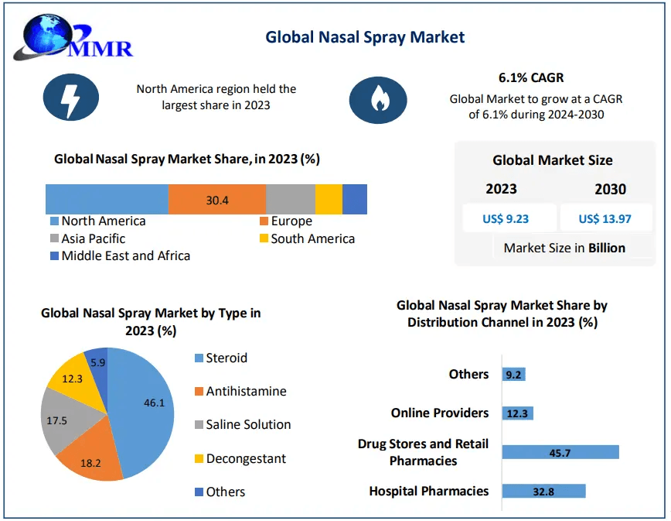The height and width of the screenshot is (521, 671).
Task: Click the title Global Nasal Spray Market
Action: click(x=365, y=36)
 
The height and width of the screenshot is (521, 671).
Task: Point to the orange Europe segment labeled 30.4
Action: click(x=217, y=200)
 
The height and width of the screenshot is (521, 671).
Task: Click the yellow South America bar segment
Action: click(x=329, y=200)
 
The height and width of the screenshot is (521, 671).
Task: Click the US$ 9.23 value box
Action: click(x=506, y=218)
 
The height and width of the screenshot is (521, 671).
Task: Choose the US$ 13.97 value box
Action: click(x=605, y=218)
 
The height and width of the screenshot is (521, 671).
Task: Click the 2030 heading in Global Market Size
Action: click(x=611, y=189)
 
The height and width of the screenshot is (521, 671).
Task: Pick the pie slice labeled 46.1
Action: click(x=144, y=403)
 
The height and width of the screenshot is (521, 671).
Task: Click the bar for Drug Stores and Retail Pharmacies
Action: click(x=560, y=452)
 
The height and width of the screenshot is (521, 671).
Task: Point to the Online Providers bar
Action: click(x=517, y=413)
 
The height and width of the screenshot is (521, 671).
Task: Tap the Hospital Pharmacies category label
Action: click(x=428, y=491)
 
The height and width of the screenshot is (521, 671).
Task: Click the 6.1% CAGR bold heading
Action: click(x=531, y=77)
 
